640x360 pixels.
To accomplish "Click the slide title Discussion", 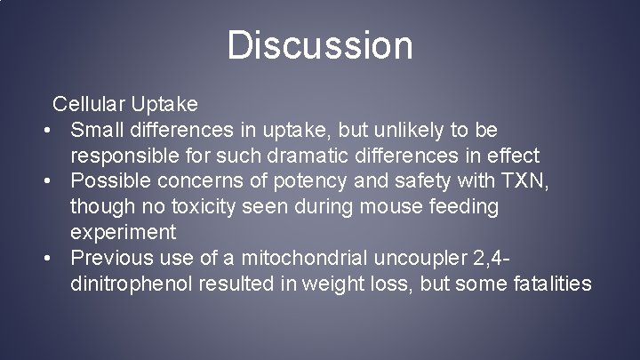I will [x=320, y=45].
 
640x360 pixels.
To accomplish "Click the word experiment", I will [x=124, y=233].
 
